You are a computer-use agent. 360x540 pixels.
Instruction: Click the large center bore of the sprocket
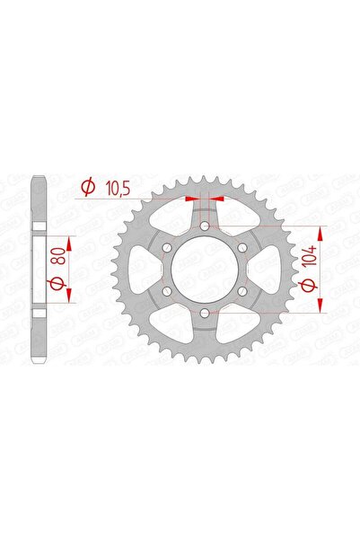205,269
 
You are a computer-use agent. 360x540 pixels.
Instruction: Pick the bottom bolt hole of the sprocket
205,312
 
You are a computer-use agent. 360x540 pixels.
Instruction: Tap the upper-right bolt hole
241,247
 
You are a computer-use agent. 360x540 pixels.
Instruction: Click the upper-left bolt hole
168,247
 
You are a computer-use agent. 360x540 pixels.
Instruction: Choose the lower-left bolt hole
168,290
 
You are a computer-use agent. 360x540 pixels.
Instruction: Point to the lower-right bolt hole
241,290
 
